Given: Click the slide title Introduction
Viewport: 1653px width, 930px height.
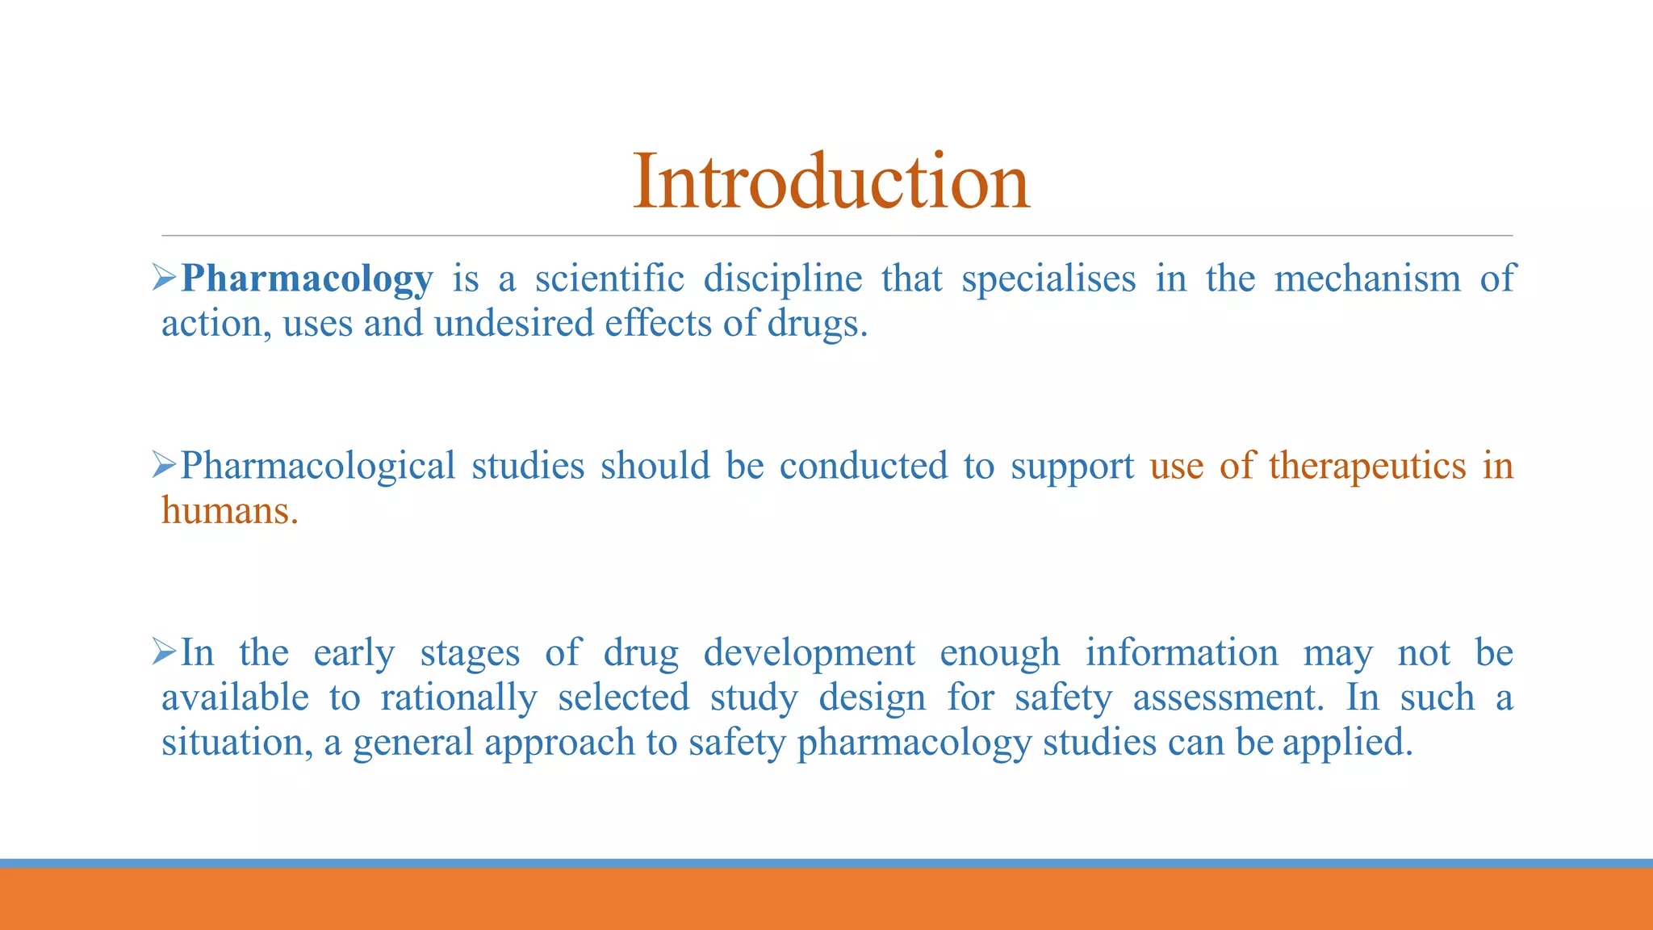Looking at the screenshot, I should pos(831,182).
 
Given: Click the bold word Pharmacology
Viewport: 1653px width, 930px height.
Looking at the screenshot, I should pos(307,279).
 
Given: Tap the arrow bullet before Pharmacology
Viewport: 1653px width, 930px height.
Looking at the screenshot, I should pos(165,279).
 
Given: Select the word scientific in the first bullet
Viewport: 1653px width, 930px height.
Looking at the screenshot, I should pos(609,279).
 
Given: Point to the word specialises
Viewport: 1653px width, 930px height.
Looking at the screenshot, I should pos(1048,279).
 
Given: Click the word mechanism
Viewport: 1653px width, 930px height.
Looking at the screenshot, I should pos(1366,279).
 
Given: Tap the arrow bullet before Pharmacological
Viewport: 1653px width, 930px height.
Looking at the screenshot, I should pos(165,466).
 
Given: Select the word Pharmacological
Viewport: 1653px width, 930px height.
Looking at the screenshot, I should pos(318,467).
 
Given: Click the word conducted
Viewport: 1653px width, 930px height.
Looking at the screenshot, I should pos(863,467).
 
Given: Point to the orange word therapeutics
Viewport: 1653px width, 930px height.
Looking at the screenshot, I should pos(1366,467).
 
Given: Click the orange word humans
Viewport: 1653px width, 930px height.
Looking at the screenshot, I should pos(228,511).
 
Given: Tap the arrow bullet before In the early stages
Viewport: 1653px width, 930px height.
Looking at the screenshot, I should pos(165,652).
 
